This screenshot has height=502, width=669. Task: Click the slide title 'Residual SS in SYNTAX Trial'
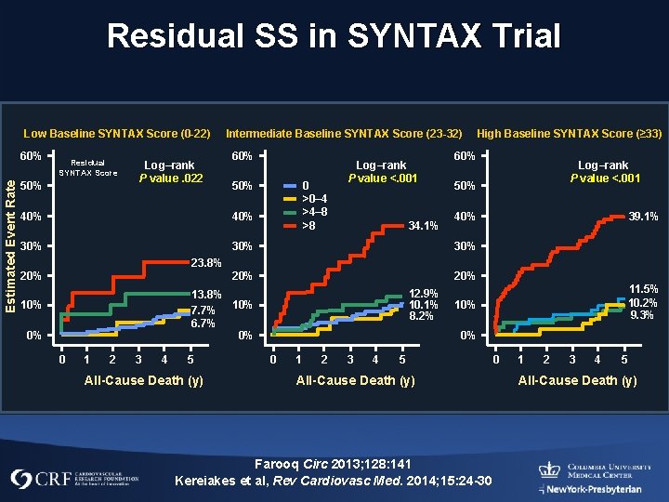pos(334,36)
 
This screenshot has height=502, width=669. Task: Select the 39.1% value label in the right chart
pos(644,216)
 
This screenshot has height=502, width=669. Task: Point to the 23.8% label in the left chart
pos(206,262)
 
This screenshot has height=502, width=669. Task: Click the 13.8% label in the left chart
pos(206,295)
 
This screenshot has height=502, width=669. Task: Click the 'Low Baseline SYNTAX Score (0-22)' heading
pos(116,134)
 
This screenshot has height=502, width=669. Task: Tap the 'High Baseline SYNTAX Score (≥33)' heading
pos(569,134)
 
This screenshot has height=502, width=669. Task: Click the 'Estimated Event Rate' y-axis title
pos(10,233)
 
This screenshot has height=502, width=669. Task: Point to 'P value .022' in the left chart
pos(168,178)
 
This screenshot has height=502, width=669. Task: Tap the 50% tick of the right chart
pos(464,186)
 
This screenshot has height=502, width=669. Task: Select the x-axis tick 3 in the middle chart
pos(349,360)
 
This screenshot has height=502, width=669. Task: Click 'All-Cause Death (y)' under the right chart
pos(577,380)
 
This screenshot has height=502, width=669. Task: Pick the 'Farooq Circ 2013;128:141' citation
pos(334,463)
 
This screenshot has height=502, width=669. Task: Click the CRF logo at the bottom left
pos(74,480)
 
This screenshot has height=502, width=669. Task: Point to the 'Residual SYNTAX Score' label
pos(88,167)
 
